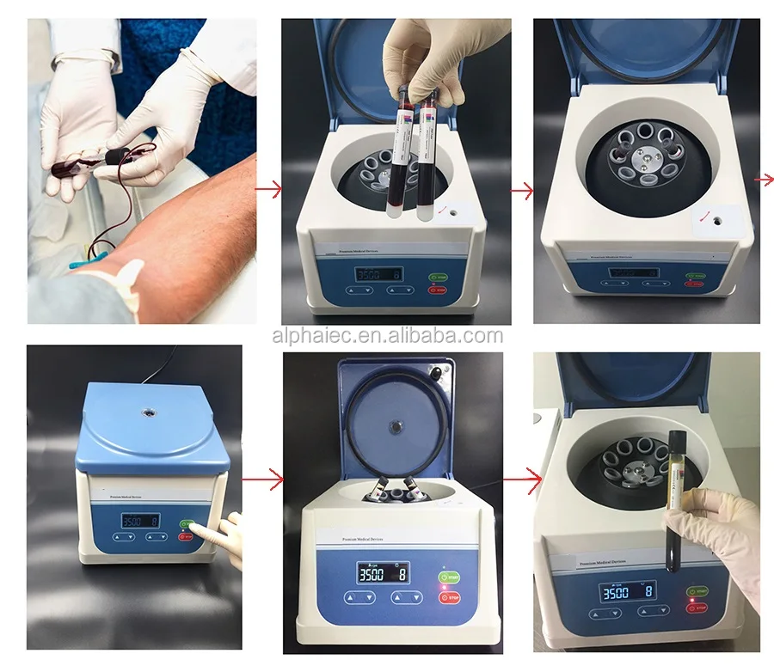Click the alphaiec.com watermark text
[387, 336]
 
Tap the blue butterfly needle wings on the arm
[82, 262]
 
